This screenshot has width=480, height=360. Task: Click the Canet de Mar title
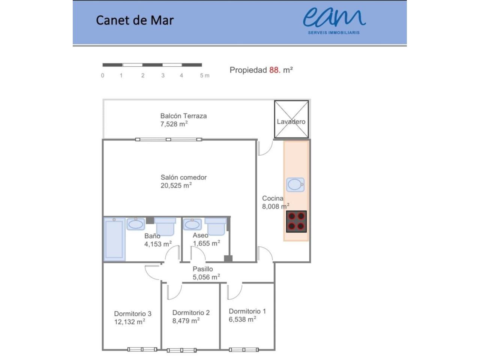pos(135,20)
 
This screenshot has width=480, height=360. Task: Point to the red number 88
pos(274,70)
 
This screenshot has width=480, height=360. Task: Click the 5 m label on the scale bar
pos(205,75)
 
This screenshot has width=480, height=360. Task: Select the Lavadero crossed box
pos(291,119)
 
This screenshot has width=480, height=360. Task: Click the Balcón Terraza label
pos(183,115)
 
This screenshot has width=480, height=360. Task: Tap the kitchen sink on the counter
pos(295,184)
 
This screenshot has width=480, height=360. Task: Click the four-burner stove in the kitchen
pos(296,221)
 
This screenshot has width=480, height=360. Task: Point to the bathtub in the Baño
pos(114,239)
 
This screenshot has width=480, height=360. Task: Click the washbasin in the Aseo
pos(192,224)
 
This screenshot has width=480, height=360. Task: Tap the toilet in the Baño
pos(165,226)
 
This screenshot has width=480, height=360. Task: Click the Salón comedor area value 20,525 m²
pos(176,185)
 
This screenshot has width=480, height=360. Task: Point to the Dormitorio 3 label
pos(133,313)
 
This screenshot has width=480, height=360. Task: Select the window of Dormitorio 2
pos(181,350)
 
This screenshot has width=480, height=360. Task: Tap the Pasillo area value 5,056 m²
pos(206,277)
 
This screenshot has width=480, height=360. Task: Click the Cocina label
pos(273,198)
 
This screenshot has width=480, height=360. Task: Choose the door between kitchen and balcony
pos(265,148)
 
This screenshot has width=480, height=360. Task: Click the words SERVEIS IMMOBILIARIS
pos(334,33)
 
